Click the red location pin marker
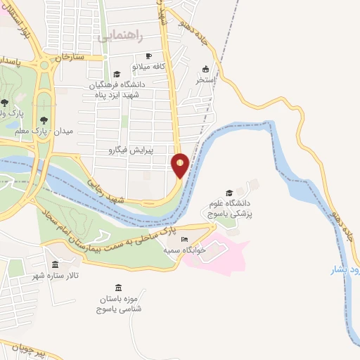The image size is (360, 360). (180, 165)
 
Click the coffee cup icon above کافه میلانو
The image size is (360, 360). (148, 56)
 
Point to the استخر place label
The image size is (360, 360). (205, 79)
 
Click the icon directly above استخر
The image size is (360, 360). (205, 69)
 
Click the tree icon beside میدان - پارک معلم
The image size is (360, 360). (44, 121)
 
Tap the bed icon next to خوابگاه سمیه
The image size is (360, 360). (184, 240)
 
